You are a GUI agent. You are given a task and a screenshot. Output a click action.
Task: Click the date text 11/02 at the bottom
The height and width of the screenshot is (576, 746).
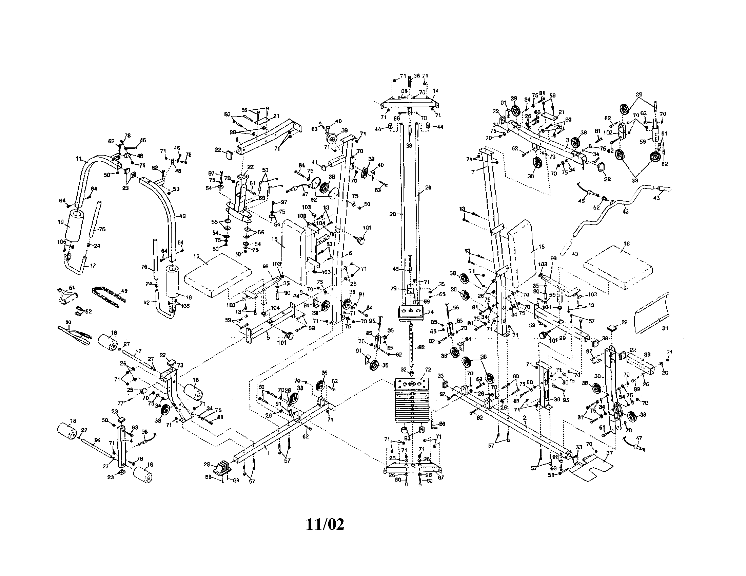325,524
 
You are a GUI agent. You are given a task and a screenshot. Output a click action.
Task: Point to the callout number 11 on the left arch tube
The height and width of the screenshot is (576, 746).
78,159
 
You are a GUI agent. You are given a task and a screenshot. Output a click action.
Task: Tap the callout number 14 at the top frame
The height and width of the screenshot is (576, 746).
435,91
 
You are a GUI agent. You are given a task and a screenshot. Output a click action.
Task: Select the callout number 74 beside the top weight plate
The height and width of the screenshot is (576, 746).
430,312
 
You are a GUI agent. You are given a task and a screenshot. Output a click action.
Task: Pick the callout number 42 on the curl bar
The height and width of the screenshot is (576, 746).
625,212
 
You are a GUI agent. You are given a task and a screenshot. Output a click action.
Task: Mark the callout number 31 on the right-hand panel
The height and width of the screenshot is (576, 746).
664,328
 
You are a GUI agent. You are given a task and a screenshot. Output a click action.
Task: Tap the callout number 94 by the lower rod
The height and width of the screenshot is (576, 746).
97,440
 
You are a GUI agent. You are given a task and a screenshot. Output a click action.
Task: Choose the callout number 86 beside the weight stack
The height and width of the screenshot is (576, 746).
442,424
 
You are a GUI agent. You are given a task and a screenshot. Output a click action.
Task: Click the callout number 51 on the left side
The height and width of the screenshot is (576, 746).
72,288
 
